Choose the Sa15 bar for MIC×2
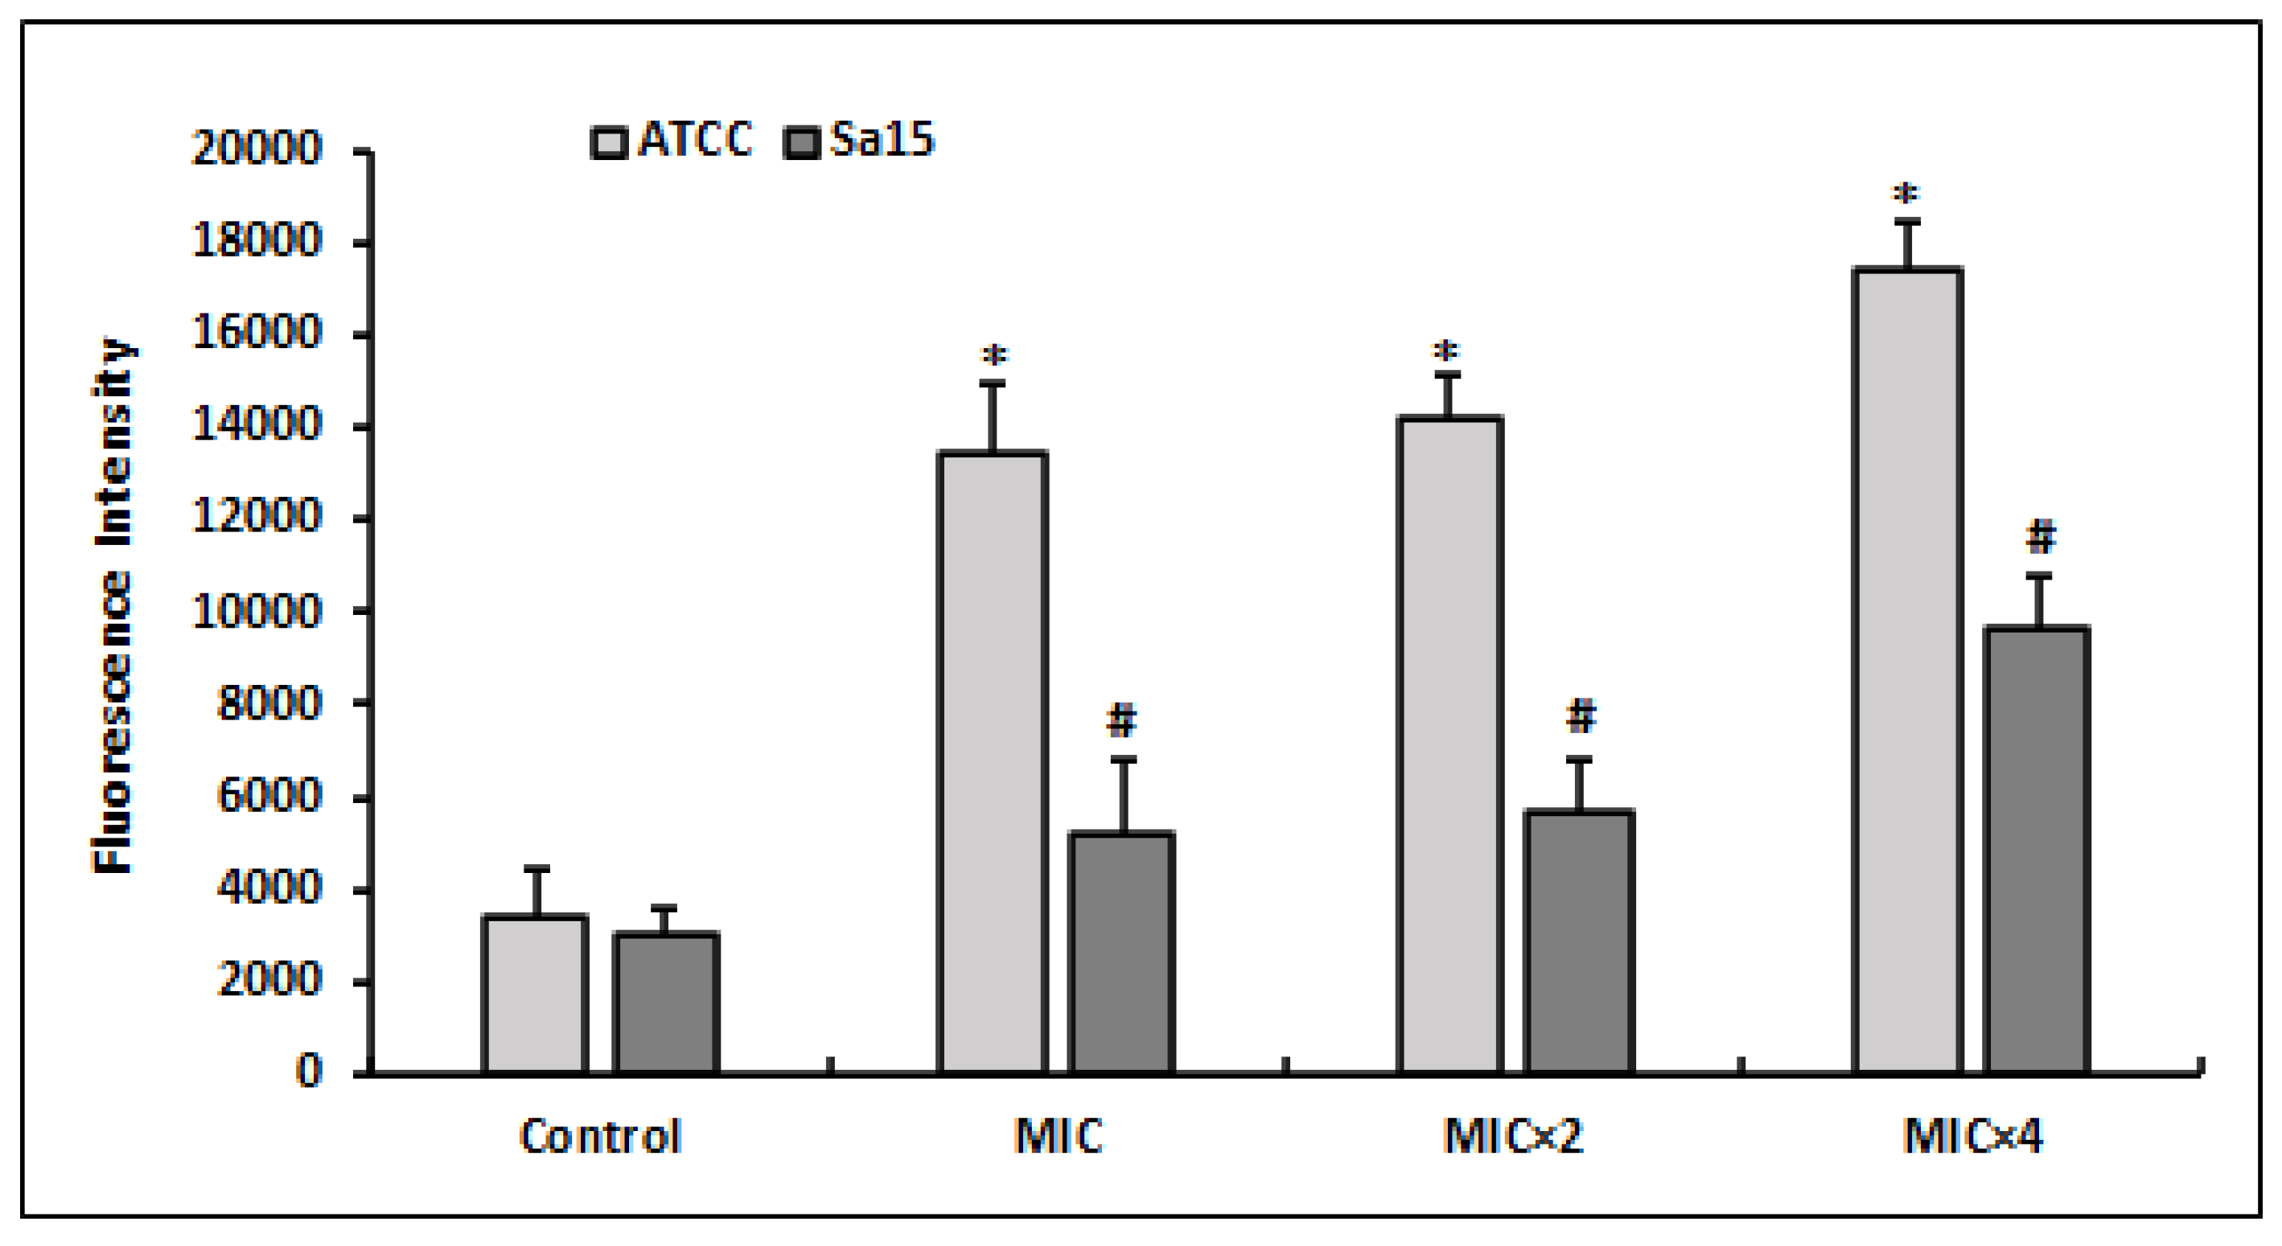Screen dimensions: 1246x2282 tap(1579, 942)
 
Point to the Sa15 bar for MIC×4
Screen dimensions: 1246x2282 tap(2037, 850)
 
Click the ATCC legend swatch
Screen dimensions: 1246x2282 tap(609, 142)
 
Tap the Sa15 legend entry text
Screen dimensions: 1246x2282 tap(882, 140)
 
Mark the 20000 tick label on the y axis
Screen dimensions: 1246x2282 tap(256, 148)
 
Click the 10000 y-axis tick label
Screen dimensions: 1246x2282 tap(256, 611)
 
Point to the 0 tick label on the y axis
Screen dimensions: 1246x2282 tap(307, 1072)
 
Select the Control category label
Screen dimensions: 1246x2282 tap(600, 1136)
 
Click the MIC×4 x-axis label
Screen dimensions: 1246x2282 tap(1972, 1136)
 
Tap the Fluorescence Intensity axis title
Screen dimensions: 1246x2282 tap(113, 606)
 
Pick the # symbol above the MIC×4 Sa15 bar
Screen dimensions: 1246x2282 tap(2040, 538)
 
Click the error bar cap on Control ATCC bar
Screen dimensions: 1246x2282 tap(536, 869)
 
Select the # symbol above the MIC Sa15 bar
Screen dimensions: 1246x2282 tap(1121, 721)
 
